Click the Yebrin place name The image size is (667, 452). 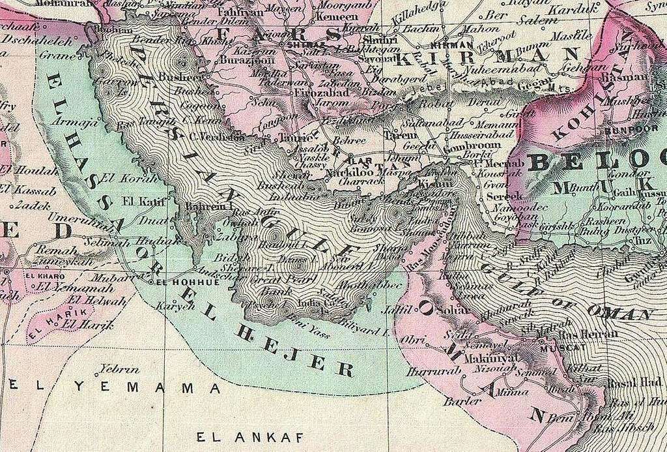point(117,368)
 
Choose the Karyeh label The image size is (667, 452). point(163,306)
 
